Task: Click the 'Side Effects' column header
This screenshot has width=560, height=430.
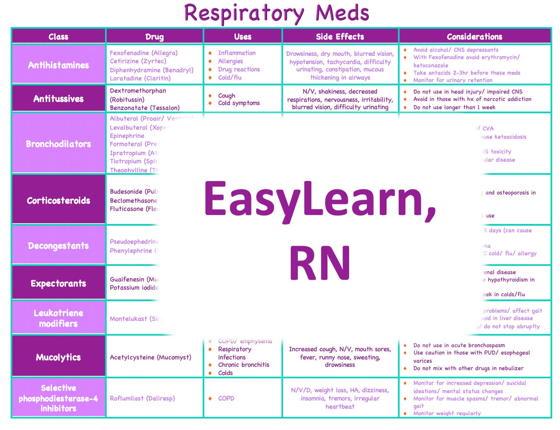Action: click(x=340, y=37)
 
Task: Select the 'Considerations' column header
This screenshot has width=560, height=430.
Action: click(x=474, y=37)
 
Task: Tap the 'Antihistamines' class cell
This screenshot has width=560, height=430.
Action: click(x=59, y=65)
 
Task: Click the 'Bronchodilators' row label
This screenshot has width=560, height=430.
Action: click(x=59, y=144)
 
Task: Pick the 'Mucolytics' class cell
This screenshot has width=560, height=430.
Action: click(x=59, y=357)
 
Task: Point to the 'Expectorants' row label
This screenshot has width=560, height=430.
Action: click(x=59, y=284)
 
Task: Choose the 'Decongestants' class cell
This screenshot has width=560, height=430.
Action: click(x=59, y=246)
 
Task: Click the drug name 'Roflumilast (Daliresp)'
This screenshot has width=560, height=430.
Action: click(x=142, y=398)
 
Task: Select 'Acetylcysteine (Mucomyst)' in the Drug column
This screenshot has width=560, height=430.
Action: click(x=151, y=357)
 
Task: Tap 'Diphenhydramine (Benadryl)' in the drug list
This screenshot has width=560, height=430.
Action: click(x=152, y=70)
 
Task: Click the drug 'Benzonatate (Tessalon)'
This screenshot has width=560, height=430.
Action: click(x=145, y=108)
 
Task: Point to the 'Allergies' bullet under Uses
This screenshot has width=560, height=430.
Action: click(x=231, y=61)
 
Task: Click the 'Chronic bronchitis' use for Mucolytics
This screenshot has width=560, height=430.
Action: click(x=244, y=365)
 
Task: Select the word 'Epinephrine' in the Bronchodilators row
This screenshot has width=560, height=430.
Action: click(x=127, y=136)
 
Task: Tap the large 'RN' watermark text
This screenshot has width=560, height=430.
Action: click(x=320, y=263)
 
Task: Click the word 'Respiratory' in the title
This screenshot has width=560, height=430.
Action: click(x=244, y=13)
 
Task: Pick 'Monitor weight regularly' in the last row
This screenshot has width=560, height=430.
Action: click(x=447, y=413)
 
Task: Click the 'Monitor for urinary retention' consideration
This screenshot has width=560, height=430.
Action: click(x=453, y=80)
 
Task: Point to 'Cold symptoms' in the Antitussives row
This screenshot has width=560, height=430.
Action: click(x=239, y=103)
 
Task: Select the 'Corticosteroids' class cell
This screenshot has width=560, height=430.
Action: click(x=59, y=201)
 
